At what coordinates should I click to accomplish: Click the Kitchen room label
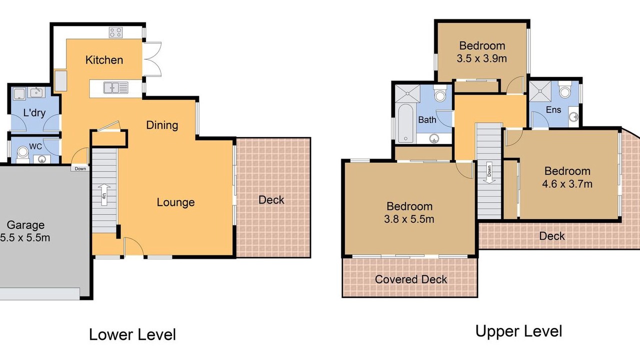click(x=104, y=60)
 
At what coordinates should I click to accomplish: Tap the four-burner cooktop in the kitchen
click(x=115, y=32)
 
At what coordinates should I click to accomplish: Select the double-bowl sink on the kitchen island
click(x=115, y=87)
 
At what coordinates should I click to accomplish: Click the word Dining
click(x=162, y=125)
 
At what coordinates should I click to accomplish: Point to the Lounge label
click(x=175, y=202)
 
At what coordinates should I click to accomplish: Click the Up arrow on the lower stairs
click(x=104, y=194)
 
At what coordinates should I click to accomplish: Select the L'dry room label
click(x=34, y=112)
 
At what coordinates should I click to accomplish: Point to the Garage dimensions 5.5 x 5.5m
click(x=25, y=237)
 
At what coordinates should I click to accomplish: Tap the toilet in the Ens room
click(x=564, y=90)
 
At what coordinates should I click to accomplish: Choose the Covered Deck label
click(x=411, y=279)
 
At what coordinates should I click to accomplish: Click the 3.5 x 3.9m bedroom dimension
click(x=481, y=58)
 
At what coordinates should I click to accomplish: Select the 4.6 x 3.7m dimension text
click(x=567, y=183)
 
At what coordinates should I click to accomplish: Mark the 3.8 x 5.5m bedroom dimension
click(x=409, y=219)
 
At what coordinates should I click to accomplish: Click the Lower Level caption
click(x=132, y=334)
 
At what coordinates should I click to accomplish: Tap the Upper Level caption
click(x=519, y=331)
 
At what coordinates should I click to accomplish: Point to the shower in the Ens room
click(x=540, y=91)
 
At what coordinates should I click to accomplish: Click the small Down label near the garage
click(x=80, y=168)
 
